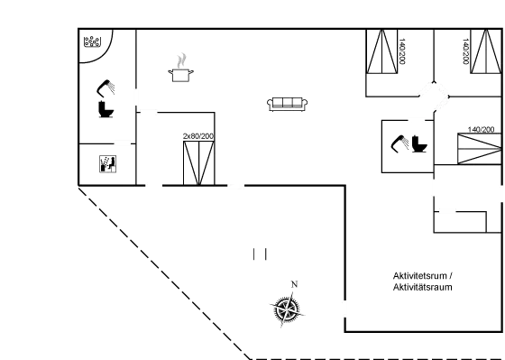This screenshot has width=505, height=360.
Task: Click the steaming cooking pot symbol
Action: click(183, 70)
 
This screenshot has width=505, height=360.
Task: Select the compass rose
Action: click(286, 310)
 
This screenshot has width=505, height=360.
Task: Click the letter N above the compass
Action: click(294, 286)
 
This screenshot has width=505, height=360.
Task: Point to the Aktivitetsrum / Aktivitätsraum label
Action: click(421, 281)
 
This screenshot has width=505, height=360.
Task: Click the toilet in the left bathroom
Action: click(104, 106)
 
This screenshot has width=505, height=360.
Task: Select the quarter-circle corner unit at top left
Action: click(94, 45)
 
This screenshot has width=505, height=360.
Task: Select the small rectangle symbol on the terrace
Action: click(261, 254)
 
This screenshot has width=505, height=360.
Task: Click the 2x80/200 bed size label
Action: click(197, 135)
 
